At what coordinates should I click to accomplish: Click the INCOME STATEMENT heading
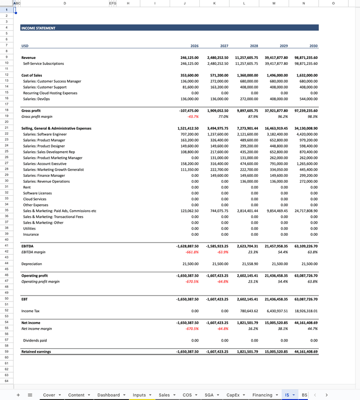click(38, 28)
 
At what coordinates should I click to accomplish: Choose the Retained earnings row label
click(36, 352)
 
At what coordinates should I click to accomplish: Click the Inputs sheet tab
click(139, 395)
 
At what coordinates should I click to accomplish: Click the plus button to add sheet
click(18, 395)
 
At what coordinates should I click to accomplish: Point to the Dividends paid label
click(35, 341)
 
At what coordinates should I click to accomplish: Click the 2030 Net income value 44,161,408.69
click(306, 323)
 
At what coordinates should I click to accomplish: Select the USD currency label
click(25, 46)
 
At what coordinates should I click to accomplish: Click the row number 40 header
click(7, 240)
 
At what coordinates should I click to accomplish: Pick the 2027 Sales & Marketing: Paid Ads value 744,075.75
click(218, 211)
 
